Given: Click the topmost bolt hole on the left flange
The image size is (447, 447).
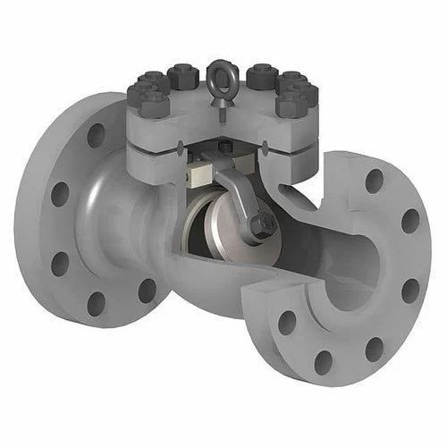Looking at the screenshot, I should (96, 137).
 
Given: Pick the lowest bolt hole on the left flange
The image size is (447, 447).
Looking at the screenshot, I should (96, 301).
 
